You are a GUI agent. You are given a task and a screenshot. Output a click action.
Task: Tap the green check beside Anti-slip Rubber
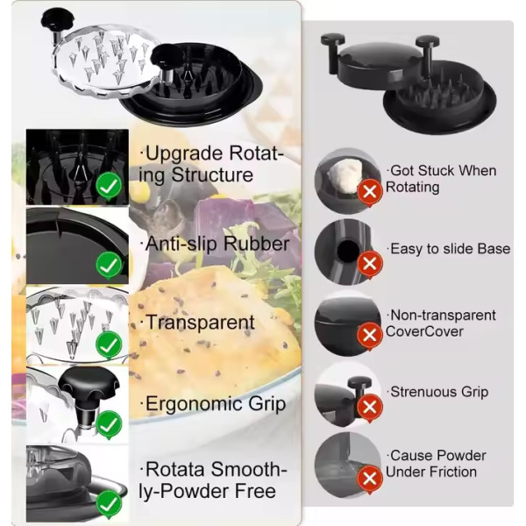click(x=109, y=266)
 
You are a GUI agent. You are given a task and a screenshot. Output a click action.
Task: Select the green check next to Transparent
click(x=109, y=345)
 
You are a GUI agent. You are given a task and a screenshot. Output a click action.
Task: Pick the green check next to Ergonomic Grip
click(x=109, y=425)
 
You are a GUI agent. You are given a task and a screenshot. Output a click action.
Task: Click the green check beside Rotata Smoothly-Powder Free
click(x=109, y=504)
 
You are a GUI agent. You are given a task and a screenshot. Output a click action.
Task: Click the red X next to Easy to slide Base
click(x=370, y=264)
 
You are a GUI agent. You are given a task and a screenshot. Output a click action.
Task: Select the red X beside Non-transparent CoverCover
click(x=370, y=336)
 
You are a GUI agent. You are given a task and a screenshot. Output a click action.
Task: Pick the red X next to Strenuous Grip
click(x=370, y=408)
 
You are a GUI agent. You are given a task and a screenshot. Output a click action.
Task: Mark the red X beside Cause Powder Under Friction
click(x=370, y=479)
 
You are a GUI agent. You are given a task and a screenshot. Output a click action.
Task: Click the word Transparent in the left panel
click(x=200, y=323)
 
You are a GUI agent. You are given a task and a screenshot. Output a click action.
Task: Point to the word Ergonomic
click(x=194, y=405)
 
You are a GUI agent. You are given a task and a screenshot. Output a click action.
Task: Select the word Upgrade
click(x=184, y=154)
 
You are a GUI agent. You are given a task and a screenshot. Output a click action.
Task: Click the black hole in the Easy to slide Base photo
click(x=348, y=251)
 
